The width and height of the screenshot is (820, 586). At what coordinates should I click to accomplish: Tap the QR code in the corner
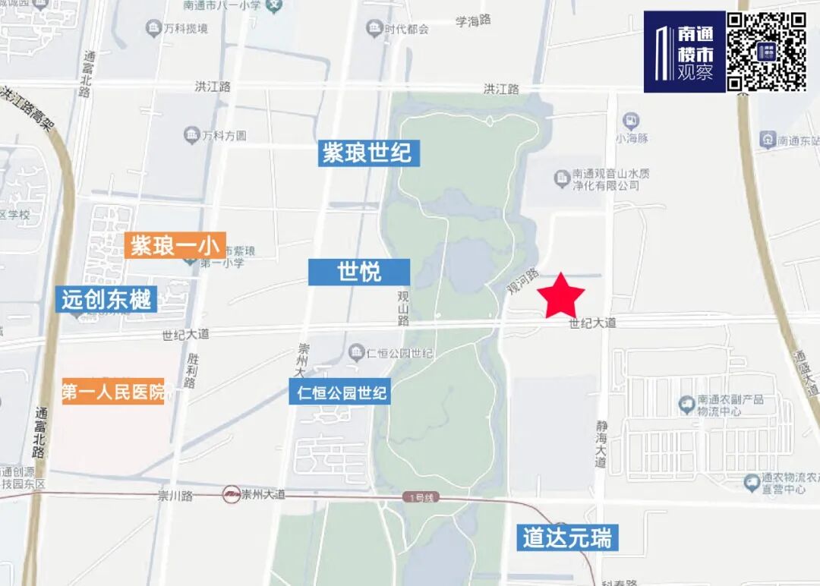766,52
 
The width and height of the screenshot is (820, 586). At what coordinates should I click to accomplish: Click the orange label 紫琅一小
175,245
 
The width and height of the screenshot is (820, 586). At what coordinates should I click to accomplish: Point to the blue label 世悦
359,272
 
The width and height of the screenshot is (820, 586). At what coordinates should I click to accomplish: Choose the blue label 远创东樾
107,300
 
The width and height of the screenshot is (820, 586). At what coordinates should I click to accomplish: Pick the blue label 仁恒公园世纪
340,392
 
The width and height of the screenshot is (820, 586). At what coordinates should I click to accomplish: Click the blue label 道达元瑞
566,538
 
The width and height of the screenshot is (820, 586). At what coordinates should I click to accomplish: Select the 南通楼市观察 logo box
683,52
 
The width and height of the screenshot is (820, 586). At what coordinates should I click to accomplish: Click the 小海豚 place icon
630,121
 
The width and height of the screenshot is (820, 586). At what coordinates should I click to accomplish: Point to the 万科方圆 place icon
191,136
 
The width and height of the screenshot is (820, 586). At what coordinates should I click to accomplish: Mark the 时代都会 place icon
374,29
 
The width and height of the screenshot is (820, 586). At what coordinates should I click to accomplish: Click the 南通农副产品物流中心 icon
687,403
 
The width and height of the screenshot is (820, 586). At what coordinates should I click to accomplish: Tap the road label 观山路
403,307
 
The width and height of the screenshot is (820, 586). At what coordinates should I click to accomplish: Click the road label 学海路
473,20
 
